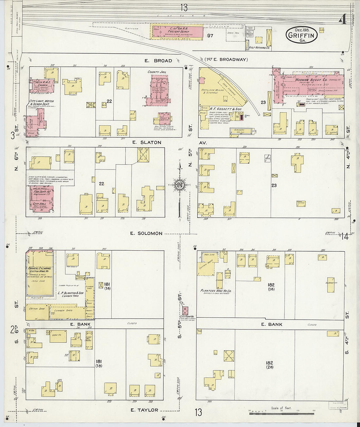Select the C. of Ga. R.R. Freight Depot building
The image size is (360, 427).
tap(177, 31)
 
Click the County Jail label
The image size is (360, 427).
tap(158, 71)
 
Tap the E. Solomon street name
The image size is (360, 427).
tap(146, 233)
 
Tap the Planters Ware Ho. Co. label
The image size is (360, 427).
tap(216, 290)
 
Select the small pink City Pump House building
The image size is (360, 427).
tap(185, 310)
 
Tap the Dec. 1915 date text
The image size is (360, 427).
tap(301, 29)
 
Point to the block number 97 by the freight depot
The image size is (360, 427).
tap(210, 35)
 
